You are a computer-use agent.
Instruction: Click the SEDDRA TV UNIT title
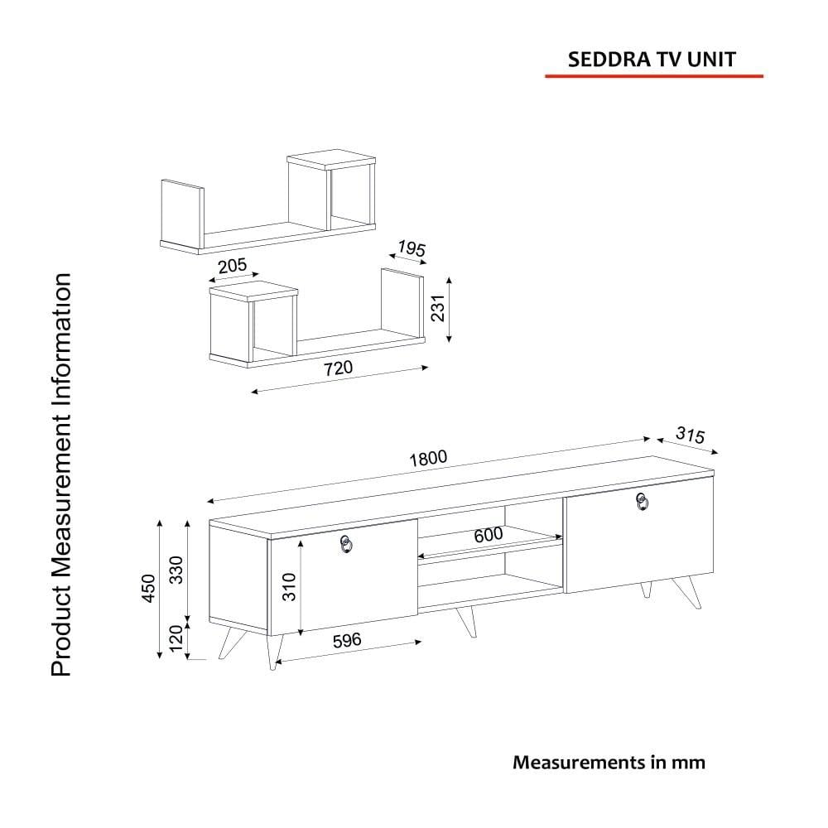652,59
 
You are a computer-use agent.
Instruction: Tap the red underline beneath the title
654,76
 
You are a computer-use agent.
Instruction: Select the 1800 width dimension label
428,458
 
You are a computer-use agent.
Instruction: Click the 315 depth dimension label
691,435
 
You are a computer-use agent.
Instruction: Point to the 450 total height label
149,588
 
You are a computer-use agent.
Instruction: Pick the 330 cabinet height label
176,570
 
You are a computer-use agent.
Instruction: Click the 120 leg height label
176,638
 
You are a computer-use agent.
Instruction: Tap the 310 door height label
289,587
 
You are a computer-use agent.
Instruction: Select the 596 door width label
347,641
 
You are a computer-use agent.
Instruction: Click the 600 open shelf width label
489,535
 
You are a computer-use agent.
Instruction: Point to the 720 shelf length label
338,368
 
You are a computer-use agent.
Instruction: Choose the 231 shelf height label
438,308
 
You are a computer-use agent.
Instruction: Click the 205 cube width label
233,265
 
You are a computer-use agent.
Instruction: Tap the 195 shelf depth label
412,248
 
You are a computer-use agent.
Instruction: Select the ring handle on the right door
642,502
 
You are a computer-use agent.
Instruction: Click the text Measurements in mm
609,762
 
